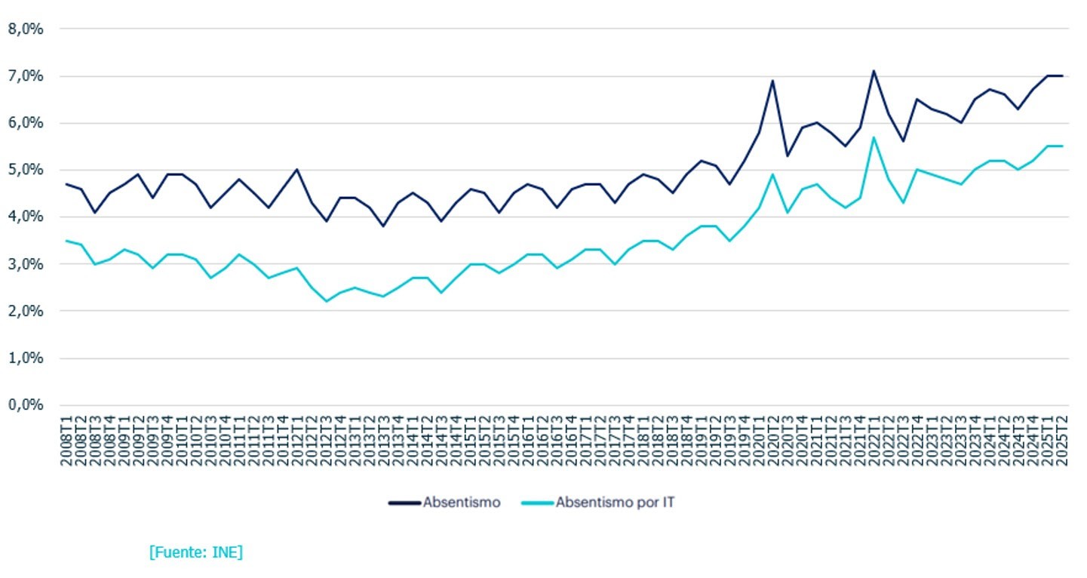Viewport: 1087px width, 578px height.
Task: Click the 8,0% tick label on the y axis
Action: tap(25, 29)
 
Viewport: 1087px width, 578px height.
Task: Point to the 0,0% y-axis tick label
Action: tap(25, 405)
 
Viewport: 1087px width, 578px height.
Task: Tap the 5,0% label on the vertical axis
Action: tap(25, 170)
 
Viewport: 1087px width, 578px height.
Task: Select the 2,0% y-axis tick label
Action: tap(25, 311)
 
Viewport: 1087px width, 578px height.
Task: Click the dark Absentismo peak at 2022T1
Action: tap(874, 71)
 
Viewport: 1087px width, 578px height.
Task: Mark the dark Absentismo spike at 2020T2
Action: tap(772, 81)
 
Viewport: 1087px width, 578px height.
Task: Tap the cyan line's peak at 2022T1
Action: tap(874, 137)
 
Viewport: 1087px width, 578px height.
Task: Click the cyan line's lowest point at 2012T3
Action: tap(327, 301)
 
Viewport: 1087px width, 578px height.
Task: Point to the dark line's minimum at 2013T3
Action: tap(384, 226)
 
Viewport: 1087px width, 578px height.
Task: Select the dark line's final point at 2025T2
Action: tap(1062, 75)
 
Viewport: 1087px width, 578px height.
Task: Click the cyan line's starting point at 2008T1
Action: tap(67, 241)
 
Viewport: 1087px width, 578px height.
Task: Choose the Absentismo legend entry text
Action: tap(461, 503)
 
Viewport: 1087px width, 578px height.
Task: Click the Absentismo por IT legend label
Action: tap(615, 503)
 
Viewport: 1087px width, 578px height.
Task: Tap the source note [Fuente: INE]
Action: tap(195, 552)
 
